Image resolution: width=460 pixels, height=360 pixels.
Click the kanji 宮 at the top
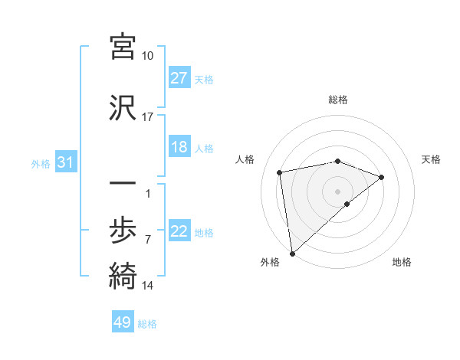tap(123, 47)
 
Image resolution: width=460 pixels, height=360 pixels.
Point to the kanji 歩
tap(123, 230)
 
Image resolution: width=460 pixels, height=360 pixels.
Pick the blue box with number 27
tap(179, 78)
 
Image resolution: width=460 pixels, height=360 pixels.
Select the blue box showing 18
tap(179, 147)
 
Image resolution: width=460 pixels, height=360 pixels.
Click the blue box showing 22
tap(179, 232)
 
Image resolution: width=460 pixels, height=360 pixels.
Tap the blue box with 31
tap(65, 163)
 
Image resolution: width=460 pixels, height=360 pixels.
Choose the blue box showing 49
tap(123, 323)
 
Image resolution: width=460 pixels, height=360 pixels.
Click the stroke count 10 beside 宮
tap(147, 56)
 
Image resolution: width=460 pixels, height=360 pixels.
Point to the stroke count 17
tap(147, 116)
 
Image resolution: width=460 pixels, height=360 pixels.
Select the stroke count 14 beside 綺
tap(147, 286)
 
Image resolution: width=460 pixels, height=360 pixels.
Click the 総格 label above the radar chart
tap(338, 100)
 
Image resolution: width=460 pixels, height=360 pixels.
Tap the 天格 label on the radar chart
tap(432, 159)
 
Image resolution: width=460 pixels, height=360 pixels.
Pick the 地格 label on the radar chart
tap(402, 262)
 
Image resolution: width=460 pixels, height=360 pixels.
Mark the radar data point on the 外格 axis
tap(291, 253)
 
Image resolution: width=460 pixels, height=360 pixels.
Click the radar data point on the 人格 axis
tap(280, 172)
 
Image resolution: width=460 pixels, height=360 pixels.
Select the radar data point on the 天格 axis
tap(381, 177)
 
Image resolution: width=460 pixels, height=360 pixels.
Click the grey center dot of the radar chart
tap(338, 191)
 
